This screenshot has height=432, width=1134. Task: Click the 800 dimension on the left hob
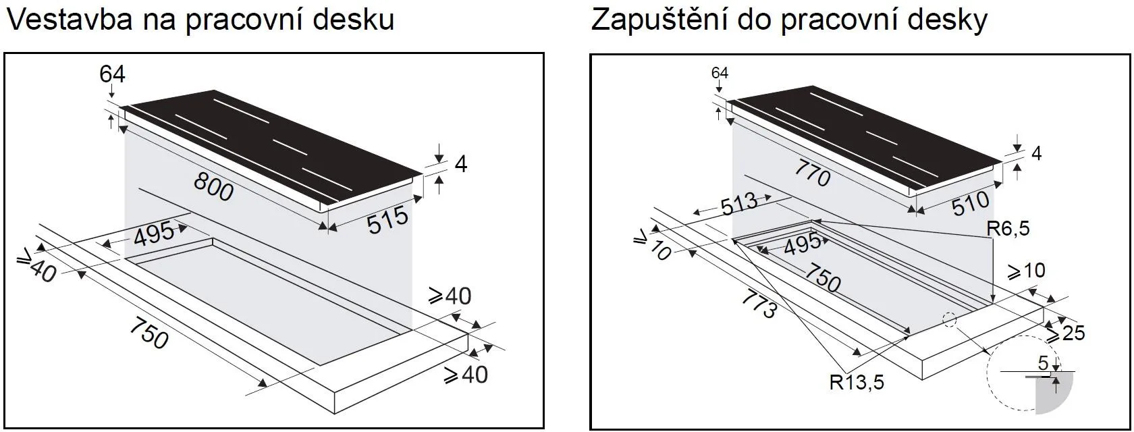pos(213,187)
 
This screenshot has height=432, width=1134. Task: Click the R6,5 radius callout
pos(1007,229)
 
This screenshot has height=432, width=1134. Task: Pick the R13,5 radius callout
pos(856,383)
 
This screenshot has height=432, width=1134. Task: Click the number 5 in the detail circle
pos(1044,363)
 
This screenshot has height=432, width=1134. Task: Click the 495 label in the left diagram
pos(153,236)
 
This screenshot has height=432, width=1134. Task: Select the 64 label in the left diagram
pos(112,74)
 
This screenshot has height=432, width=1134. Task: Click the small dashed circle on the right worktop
pos(950,319)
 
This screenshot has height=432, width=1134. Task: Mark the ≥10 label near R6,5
pos(1026,271)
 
